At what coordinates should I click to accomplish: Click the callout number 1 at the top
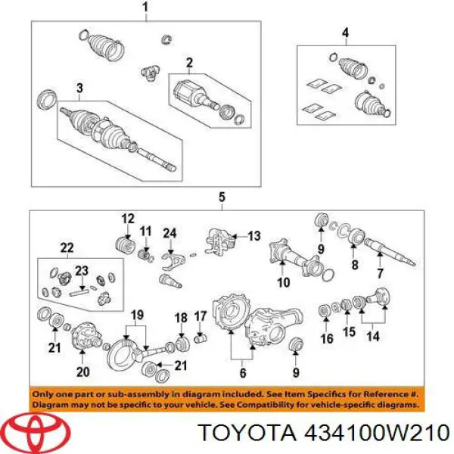click(x=145, y=8)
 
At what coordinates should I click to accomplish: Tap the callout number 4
click(x=345, y=33)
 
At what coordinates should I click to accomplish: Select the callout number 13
click(x=254, y=236)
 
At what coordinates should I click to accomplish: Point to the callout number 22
click(x=67, y=248)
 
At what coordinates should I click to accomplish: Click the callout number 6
click(x=243, y=372)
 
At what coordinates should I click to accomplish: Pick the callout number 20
click(x=82, y=372)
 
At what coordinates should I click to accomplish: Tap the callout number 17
click(x=201, y=316)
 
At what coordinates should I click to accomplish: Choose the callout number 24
click(x=169, y=233)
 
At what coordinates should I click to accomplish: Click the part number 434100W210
click(x=377, y=434)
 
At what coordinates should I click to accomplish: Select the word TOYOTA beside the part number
click(x=248, y=434)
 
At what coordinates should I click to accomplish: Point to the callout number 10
click(x=284, y=282)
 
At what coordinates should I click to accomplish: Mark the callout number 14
click(x=372, y=336)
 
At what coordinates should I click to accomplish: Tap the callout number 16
click(x=327, y=338)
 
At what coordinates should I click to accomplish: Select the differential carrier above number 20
click(x=86, y=335)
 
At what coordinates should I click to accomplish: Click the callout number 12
click(x=128, y=219)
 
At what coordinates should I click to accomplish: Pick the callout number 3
click(x=79, y=89)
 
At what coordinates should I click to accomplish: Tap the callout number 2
click(x=189, y=63)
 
